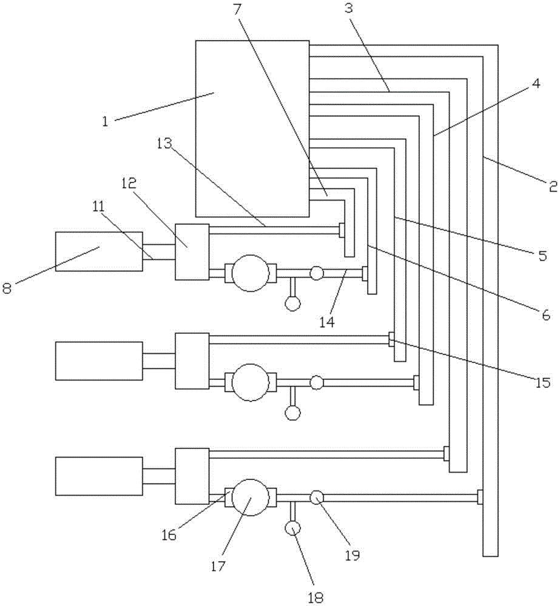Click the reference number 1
pos(105,121)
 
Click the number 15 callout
pos(543,382)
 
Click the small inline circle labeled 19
pos(316,498)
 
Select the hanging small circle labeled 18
pos(292,528)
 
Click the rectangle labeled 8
pos(98,251)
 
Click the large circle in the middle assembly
pos(251,382)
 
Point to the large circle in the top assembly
pos(251,273)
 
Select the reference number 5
pos(542,256)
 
